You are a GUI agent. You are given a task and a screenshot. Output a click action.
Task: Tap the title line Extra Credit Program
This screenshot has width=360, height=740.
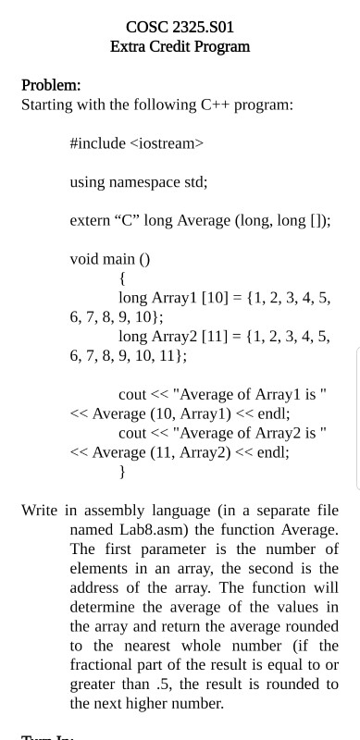click(180, 45)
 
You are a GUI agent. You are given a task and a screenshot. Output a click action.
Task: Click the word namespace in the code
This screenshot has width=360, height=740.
click(155, 182)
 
